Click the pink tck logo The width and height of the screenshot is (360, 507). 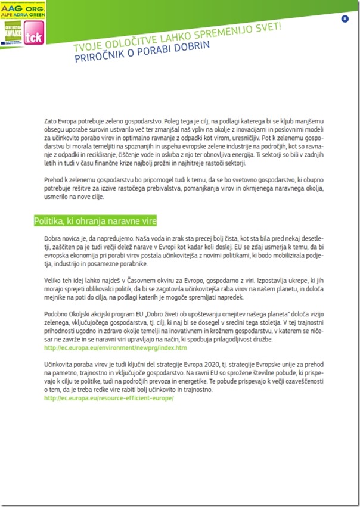point(31,38)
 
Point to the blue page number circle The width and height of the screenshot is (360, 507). point(345,19)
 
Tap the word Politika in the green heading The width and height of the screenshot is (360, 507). point(49,221)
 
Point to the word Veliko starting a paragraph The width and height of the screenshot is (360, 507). point(54,280)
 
